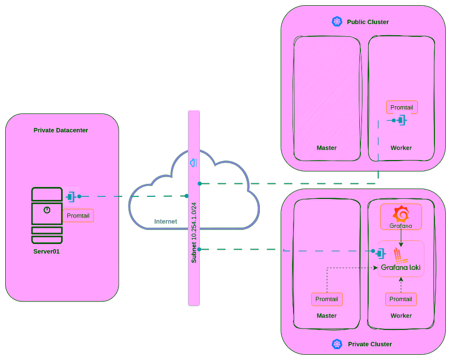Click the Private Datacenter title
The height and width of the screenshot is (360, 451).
(61, 131)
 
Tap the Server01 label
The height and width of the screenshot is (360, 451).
(47, 251)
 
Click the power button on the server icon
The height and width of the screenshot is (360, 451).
(47, 210)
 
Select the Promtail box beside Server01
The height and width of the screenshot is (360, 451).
(78, 215)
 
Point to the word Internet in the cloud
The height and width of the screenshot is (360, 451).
(166, 222)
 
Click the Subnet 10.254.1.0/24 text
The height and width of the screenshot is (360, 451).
(194, 233)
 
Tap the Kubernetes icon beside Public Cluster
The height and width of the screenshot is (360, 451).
(337, 21)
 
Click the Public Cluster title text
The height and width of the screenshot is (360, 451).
(368, 22)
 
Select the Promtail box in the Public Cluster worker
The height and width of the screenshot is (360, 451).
(402, 107)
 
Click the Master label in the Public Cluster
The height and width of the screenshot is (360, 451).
(327, 148)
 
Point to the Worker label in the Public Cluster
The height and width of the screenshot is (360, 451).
(401, 148)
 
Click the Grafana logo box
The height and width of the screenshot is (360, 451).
(401, 217)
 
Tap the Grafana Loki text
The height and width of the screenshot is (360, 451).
(401, 268)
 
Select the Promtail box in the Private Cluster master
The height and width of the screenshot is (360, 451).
(327, 299)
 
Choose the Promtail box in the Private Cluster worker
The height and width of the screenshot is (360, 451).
(401, 299)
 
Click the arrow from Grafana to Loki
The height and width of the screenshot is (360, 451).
(401, 237)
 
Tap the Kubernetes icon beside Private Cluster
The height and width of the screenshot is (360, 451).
(337, 344)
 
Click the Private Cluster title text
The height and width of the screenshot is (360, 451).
(370, 344)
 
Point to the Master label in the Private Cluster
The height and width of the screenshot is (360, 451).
(327, 316)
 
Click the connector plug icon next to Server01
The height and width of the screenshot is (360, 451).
(71, 196)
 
